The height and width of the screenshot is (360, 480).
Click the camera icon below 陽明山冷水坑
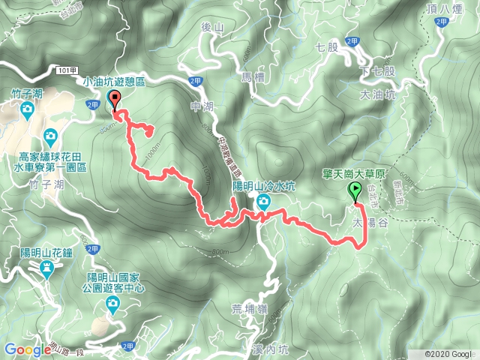coord(264,201)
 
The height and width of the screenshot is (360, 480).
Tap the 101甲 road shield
coord(66,69)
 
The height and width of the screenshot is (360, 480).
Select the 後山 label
coord(214,28)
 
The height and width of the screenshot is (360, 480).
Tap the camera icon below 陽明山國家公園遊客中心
coord(112,304)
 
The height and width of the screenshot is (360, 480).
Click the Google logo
coord(26,349)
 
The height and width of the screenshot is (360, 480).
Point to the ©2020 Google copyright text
coord(448,354)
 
